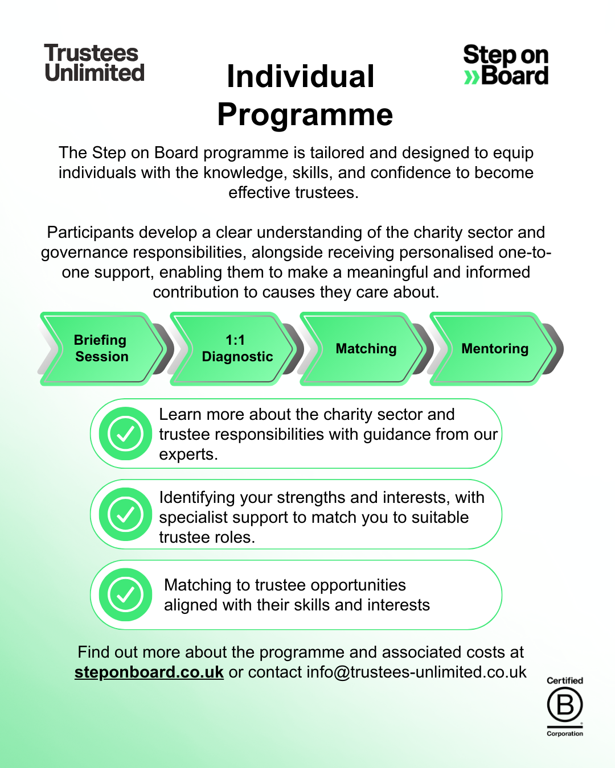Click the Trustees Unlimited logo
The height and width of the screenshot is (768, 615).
coord(94,63)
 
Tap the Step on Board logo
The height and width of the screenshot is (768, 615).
coord(506,65)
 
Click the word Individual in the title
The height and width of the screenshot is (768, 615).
coord(300,77)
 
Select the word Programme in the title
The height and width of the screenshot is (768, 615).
coord(305,114)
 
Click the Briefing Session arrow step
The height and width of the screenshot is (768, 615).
coord(101,348)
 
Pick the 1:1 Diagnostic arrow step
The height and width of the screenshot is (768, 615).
coord(236,348)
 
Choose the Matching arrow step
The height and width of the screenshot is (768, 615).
coord(366,348)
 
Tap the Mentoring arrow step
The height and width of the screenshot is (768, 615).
coord(494,348)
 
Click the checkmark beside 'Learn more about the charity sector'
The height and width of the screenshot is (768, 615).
coord(125,433)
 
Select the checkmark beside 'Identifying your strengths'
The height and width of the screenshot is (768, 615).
coord(125,514)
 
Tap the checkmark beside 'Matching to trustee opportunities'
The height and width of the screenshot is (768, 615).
coord(125,594)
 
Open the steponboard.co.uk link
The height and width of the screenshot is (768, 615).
coord(149,672)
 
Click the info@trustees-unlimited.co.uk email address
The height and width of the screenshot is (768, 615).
coord(416,672)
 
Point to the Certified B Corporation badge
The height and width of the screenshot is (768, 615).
coord(565,706)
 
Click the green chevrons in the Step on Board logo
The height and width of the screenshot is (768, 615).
coord(471,77)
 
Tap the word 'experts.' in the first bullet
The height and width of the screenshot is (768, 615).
coord(188,455)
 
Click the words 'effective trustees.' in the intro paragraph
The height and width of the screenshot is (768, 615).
coord(293,193)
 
